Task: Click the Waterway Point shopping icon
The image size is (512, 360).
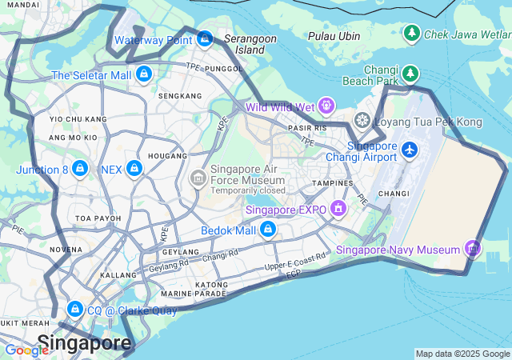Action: click(205, 38)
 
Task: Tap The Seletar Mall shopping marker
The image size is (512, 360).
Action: click(144, 74)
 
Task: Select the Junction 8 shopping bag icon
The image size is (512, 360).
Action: click(80, 169)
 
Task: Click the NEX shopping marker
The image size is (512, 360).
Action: click(134, 169)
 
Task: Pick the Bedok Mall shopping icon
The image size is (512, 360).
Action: click(268, 230)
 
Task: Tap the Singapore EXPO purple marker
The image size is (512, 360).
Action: click(338, 209)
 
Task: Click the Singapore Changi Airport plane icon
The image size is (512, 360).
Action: click(410, 150)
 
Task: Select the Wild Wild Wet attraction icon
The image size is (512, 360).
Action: click(326, 106)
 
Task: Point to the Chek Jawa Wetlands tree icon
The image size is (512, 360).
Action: click(411, 33)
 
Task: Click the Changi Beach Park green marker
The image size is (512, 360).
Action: click(410, 73)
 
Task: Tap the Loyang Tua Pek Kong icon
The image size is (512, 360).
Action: click(362, 121)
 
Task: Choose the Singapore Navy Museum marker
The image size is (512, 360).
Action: click(473, 249)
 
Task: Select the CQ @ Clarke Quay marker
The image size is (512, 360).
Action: click(75, 309)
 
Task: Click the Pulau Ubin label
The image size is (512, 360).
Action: click(334, 36)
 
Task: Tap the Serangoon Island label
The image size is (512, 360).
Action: click(250, 43)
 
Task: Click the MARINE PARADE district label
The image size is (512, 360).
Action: click(206, 294)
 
